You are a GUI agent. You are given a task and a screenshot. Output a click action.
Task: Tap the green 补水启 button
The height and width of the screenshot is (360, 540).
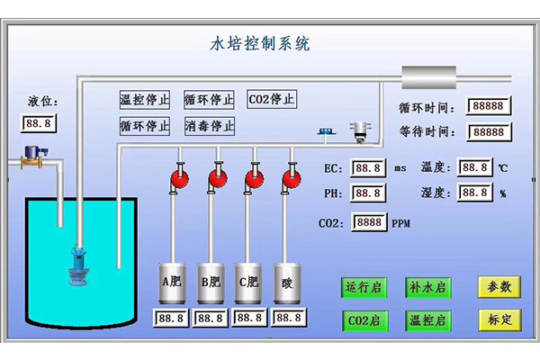pyautogui.click(x=427, y=287)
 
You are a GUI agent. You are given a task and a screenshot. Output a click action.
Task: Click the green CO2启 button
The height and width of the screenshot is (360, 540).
pyautogui.click(x=364, y=319)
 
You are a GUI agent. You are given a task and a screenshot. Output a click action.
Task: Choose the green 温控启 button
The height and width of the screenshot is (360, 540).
pyautogui.click(x=427, y=319)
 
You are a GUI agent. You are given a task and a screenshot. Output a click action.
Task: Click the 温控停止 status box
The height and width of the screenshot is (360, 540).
pyautogui.click(x=145, y=99)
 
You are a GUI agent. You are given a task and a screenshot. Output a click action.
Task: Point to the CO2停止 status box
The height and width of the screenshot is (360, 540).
pyautogui.click(x=272, y=99)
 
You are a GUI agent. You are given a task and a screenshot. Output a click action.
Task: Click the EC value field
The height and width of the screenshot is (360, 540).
pyautogui.click(x=367, y=168)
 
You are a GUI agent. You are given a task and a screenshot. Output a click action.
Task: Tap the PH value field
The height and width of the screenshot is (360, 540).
pyautogui.click(x=367, y=193)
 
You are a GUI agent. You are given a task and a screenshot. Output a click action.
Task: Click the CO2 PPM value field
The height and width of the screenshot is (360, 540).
pyautogui.click(x=369, y=222)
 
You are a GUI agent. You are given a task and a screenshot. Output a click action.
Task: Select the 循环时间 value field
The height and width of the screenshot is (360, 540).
pyautogui.click(x=488, y=106)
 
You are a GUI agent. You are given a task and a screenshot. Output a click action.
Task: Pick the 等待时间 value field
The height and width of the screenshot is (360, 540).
pyautogui.click(x=488, y=131)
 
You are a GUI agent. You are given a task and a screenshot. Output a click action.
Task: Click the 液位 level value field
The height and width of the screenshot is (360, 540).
pyautogui.click(x=38, y=122)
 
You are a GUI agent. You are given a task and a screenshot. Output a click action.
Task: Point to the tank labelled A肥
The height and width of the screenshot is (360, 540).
pyautogui.click(x=171, y=283)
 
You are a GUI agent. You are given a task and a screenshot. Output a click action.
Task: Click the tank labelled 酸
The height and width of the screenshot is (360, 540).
pyautogui.click(x=287, y=283)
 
